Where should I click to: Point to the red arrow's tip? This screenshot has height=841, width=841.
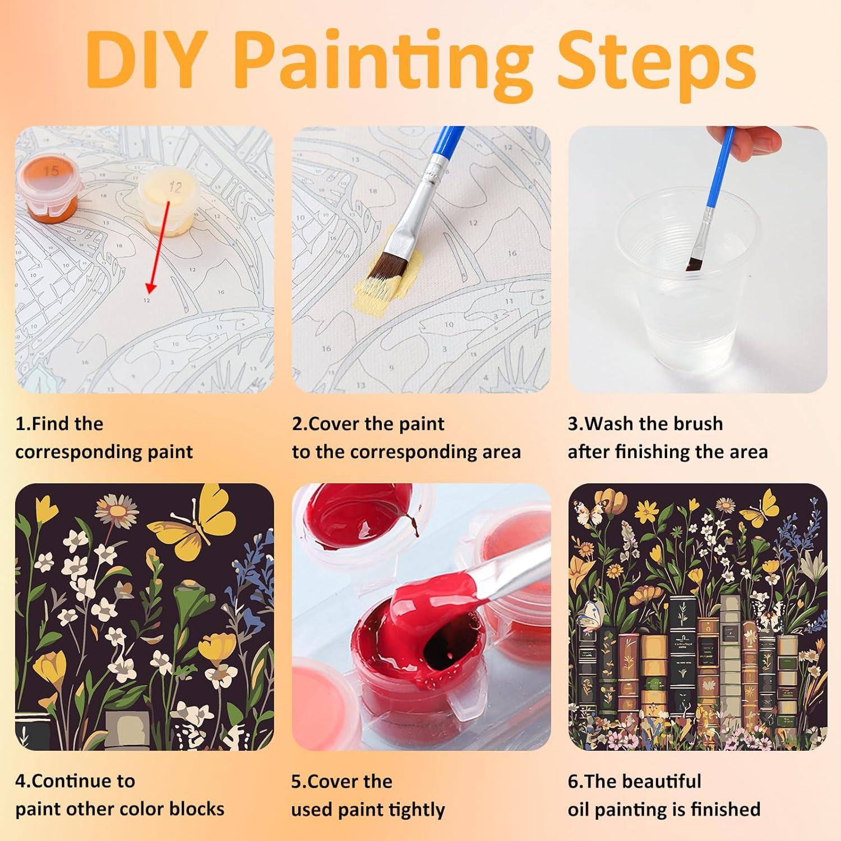point(149,292)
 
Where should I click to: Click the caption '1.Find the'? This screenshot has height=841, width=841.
point(59,424)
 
